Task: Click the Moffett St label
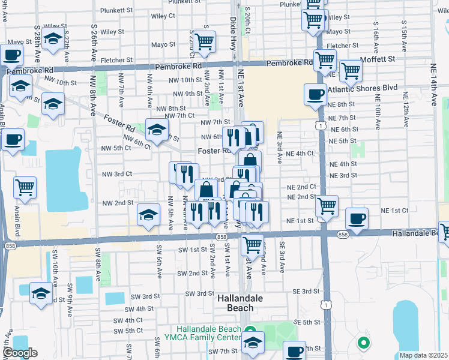378,59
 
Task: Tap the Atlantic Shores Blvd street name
362,88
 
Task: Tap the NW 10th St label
185,80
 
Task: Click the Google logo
20,352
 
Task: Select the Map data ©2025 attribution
423,355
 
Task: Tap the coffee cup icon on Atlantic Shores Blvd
315,94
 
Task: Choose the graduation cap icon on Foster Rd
157,129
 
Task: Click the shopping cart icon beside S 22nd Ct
205,41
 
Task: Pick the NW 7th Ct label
179,116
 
